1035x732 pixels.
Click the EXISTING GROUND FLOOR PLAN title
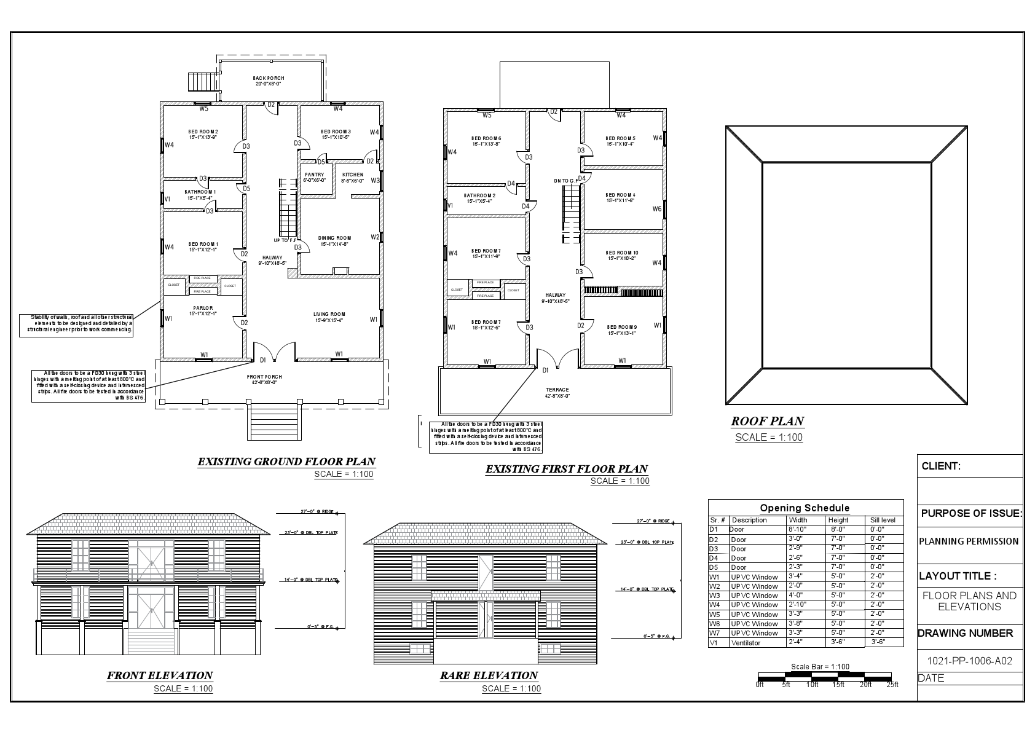pyautogui.click(x=286, y=462)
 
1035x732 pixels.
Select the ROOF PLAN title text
pyautogui.click(x=767, y=421)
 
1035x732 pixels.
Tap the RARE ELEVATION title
pyautogui.click(x=489, y=675)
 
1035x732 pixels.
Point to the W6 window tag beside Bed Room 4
pyautogui.click(x=657, y=209)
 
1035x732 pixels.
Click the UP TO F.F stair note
pyautogui.click(x=285, y=240)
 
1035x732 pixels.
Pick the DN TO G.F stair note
pyautogui.click(x=565, y=181)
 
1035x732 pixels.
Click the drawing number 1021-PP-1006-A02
pyautogui.click(x=969, y=661)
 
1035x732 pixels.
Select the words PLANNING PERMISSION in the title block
pyautogui.click(x=969, y=541)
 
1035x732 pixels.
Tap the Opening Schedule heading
pyautogui.click(x=805, y=508)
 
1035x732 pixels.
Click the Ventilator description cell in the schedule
pyautogui.click(x=746, y=643)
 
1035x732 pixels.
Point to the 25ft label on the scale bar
pyautogui.click(x=892, y=684)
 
